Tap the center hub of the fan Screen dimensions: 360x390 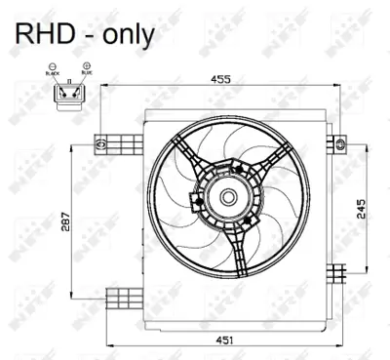226,198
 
